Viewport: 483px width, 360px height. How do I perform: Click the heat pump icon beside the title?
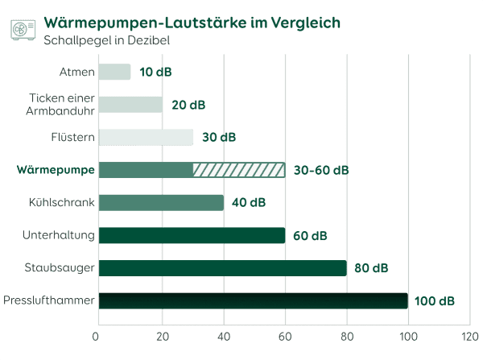pos(23,29)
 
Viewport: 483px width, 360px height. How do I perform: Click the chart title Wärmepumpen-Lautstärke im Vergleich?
pos(192,22)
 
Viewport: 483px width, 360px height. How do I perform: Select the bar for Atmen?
pos(114,72)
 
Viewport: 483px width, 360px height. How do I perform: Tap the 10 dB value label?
pos(155,72)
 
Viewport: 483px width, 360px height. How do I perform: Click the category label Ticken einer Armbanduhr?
pos(62,105)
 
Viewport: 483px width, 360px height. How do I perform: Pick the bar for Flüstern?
pos(146,137)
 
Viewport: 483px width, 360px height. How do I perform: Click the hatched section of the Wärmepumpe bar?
pos(239,170)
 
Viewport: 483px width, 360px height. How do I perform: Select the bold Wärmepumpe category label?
pos(56,170)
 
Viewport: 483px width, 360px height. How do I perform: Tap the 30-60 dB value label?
pos(322,170)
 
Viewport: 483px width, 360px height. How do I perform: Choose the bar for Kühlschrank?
pos(161,203)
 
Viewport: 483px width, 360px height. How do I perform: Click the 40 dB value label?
pos(249,203)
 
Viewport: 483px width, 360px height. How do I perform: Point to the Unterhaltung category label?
pos(60,235)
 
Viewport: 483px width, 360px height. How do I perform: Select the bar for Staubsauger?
pos(222,268)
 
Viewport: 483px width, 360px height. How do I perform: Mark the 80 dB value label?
pos(372,268)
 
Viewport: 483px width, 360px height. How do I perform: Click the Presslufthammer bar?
pos(253,300)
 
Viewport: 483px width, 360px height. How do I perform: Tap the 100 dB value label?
pos(435,301)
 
